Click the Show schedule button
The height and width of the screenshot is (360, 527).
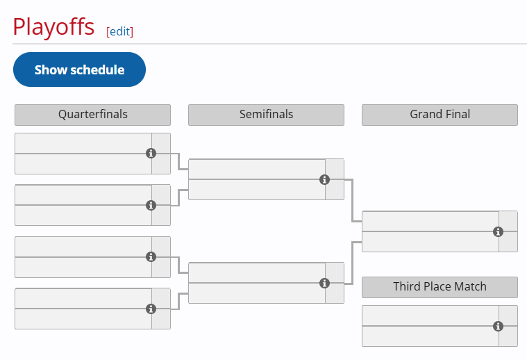click(79, 69)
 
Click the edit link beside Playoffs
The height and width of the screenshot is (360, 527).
click(119, 31)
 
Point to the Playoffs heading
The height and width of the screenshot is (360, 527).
click(53, 26)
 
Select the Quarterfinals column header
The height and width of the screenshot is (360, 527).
click(93, 115)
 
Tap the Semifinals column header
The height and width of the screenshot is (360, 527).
click(266, 115)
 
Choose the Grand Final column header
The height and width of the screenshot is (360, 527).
click(440, 115)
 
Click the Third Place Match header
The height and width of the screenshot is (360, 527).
click(440, 287)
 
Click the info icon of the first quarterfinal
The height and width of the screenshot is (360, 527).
click(151, 154)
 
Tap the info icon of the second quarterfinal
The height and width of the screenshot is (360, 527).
click(151, 205)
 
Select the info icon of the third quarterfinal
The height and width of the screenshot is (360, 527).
click(151, 257)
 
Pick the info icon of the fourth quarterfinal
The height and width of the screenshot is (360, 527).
click(151, 309)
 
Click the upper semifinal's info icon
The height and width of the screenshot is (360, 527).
click(324, 180)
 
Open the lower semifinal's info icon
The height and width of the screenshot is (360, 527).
click(324, 284)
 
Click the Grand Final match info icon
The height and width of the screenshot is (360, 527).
click(498, 232)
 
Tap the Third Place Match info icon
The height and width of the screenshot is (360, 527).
click(498, 327)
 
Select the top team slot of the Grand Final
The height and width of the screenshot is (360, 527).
click(430, 222)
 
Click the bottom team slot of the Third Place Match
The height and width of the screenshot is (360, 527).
click(430, 336)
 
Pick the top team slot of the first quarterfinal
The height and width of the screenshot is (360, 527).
click(83, 143)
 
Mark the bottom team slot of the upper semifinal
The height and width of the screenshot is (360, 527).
click(257, 190)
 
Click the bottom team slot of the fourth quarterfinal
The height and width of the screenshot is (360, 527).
click(83, 318)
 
